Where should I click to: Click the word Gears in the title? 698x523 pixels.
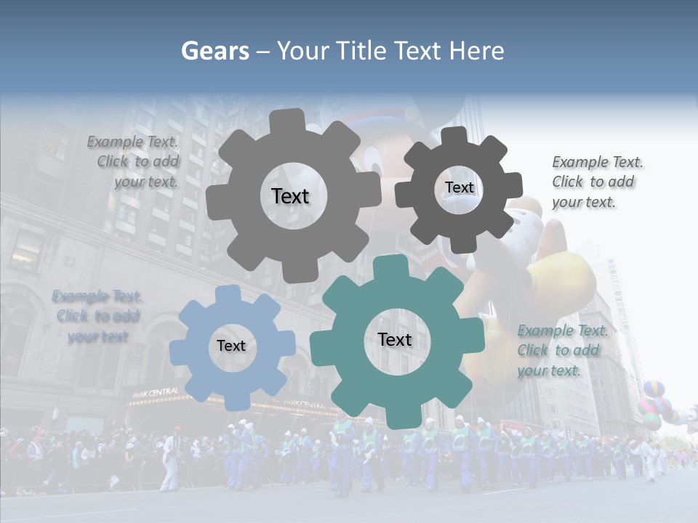pyautogui.click(x=214, y=51)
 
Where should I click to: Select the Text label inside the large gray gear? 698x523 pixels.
pyautogui.click(x=290, y=196)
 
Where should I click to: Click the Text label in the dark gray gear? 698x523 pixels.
pyautogui.click(x=459, y=187)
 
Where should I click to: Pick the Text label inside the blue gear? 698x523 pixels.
pyautogui.click(x=231, y=346)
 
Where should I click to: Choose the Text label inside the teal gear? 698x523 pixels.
pyautogui.click(x=395, y=339)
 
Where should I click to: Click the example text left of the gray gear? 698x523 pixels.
pyautogui.click(x=135, y=162)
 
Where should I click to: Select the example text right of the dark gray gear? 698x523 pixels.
pyautogui.click(x=596, y=182)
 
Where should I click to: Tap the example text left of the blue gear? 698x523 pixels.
pyautogui.click(x=97, y=316)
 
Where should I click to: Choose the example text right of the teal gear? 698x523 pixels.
pyautogui.click(x=561, y=350)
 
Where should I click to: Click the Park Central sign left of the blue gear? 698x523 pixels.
pyautogui.click(x=155, y=392)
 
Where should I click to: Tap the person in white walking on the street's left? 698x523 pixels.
pyautogui.click(x=170, y=461)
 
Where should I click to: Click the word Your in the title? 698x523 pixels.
pyautogui.click(x=300, y=51)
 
